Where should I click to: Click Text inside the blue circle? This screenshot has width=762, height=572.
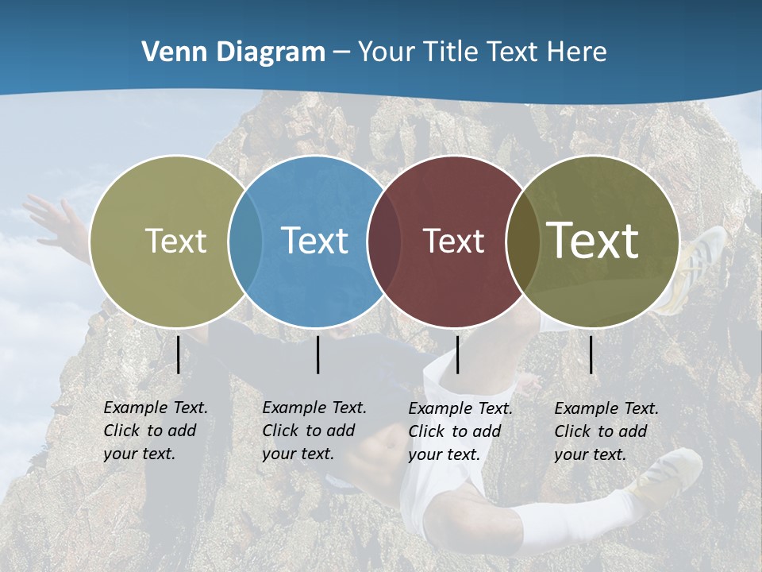coord(314,241)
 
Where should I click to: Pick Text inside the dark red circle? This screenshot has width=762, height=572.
coord(453,241)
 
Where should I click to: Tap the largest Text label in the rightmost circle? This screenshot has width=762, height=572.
coord(593,241)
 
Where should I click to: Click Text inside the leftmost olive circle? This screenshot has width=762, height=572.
coord(175,241)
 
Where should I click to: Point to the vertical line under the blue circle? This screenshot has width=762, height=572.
coord(317,354)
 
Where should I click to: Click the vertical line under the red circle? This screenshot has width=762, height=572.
coord(457,354)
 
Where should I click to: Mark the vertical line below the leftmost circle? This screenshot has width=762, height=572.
coord(178,354)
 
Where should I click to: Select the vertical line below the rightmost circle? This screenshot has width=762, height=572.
coord(591,354)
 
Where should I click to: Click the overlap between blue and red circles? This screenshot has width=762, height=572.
coord(384,241)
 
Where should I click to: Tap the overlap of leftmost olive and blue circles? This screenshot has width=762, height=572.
coord(245,241)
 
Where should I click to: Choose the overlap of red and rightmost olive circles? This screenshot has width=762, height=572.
coord(522,241)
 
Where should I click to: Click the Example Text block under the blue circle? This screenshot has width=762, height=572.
coord(314,431)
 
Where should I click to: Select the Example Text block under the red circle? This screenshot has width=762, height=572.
coord(460,431)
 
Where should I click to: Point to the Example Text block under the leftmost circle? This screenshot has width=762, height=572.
coord(155,431)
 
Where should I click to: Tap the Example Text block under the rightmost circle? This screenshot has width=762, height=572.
coord(606,431)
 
